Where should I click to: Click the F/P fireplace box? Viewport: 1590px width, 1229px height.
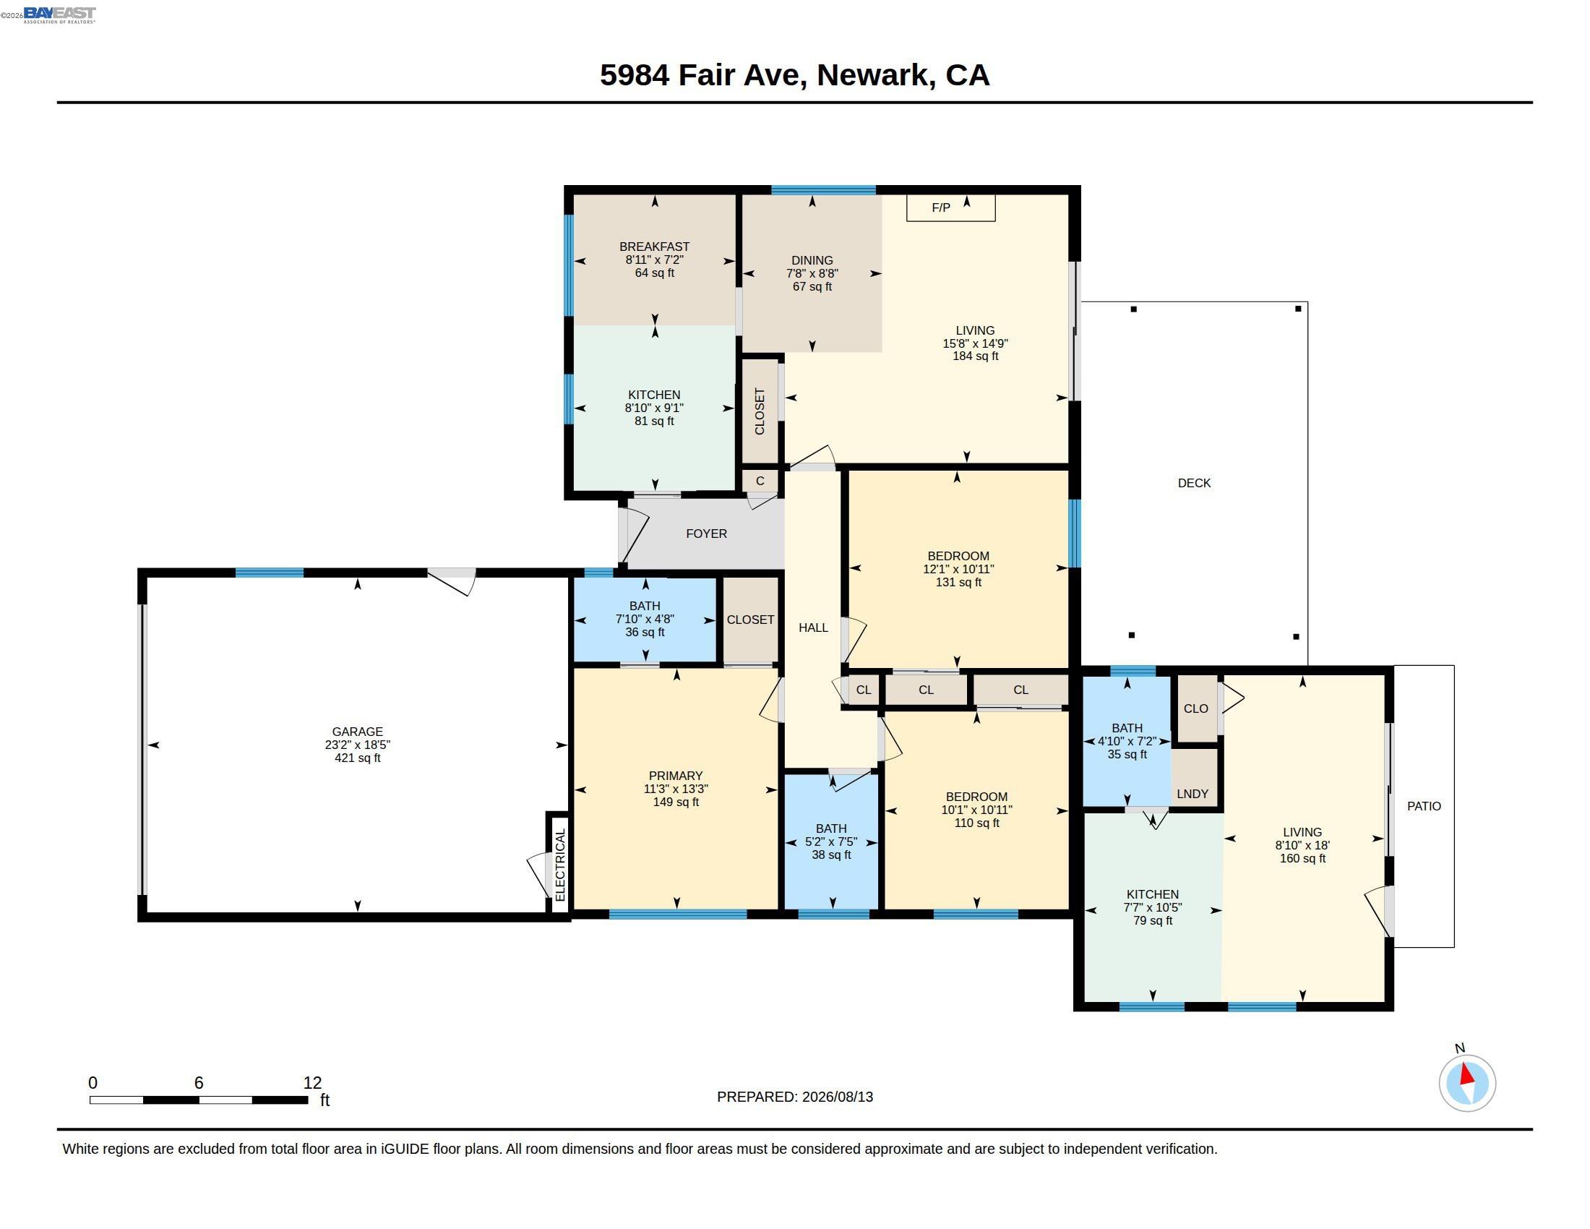tap(950, 207)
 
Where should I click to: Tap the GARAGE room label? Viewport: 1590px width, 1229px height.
tap(358, 732)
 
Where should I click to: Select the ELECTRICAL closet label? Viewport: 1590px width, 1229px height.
tap(560, 865)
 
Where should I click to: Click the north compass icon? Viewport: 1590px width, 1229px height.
tap(1467, 1083)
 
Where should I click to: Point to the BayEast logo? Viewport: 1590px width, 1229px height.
tap(60, 14)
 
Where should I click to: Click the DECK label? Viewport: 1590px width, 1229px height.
tap(1194, 483)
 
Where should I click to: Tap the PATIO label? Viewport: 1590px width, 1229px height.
tap(1424, 806)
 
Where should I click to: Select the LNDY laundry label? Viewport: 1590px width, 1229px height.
tap(1192, 794)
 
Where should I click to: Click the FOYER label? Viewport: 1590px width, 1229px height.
tap(706, 534)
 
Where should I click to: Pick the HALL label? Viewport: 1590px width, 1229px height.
tap(813, 628)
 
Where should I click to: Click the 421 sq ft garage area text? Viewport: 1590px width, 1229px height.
tap(358, 758)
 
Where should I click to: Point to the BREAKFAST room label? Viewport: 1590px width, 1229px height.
tap(655, 247)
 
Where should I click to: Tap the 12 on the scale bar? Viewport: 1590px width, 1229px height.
tap(312, 1083)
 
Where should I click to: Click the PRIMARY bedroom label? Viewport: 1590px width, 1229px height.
tap(676, 776)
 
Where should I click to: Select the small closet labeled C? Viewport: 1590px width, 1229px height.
tap(760, 481)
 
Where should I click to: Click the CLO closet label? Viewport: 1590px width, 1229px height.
tap(1196, 708)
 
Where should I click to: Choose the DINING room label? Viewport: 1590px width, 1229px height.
tap(812, 261)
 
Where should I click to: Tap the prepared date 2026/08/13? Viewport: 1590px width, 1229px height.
tap(838, 1097)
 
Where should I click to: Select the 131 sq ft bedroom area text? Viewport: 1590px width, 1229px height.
tap(958, 583)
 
